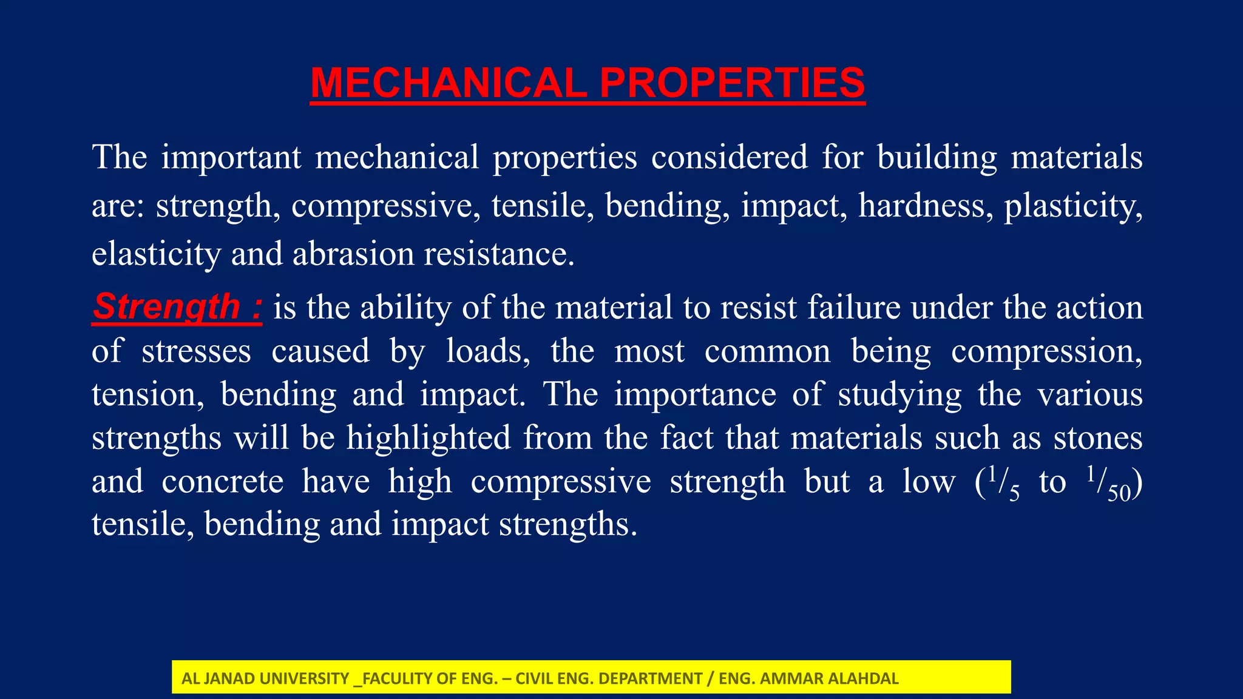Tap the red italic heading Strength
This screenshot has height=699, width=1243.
167,306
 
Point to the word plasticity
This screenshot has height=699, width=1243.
1072,207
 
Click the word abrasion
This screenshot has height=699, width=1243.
353,254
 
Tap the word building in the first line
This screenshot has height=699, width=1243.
936,158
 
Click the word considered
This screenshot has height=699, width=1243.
729,157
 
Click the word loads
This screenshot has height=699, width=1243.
487,351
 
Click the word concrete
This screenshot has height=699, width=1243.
222,482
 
